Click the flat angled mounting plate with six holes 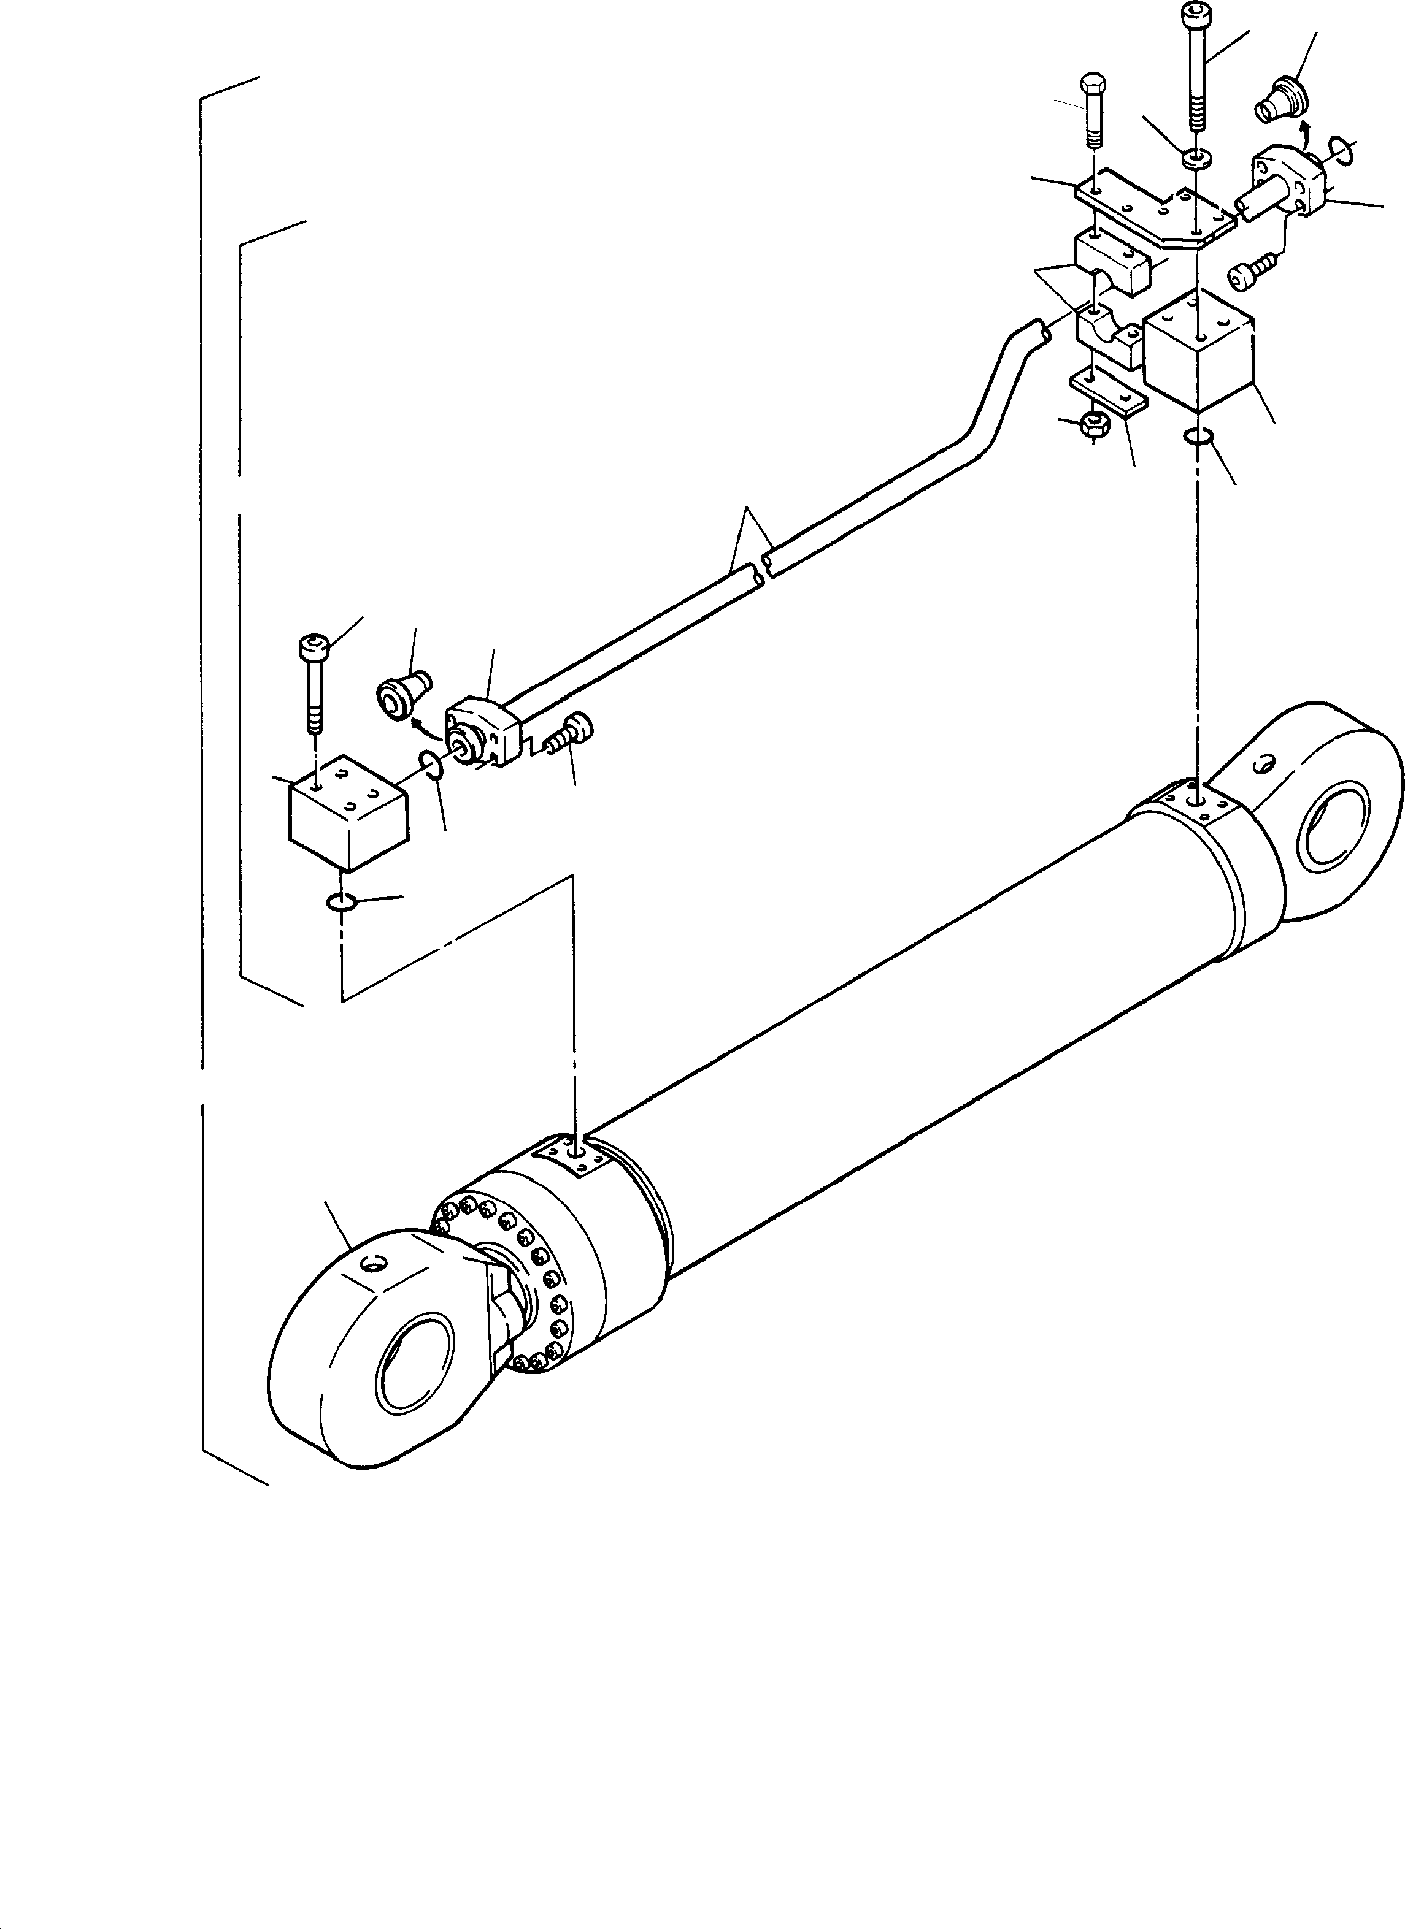pos(1153,213)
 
